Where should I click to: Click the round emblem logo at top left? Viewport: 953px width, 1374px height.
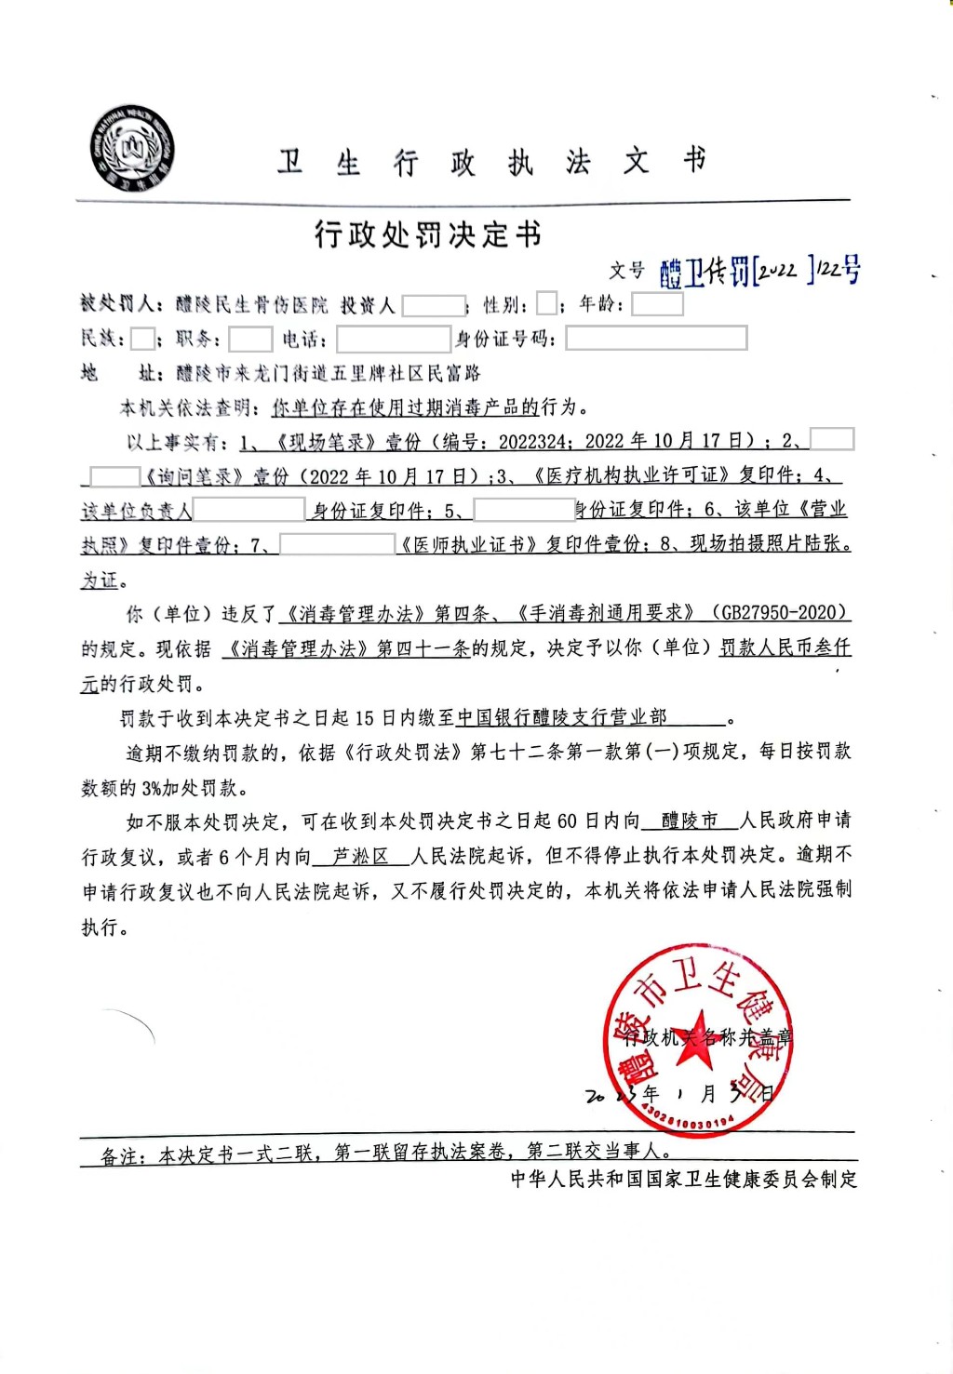click(133, 150)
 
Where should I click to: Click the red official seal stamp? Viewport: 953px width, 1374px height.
click(698, 1040)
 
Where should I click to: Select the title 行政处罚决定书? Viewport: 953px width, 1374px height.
click(427, 234)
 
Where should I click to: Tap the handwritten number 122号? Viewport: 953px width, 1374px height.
click(839, 270)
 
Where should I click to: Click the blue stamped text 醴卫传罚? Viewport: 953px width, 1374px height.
click(705, 272)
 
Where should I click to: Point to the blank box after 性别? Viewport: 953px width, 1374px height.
click(547, 304)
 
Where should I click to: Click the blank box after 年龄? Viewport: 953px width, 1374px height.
click(657, 304)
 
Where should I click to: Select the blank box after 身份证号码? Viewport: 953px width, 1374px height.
click(656, 339)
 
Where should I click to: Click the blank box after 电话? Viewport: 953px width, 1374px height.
click(393, 339)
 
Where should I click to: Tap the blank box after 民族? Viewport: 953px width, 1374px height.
click(142, 339)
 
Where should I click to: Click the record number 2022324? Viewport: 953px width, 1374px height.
click(530, 441)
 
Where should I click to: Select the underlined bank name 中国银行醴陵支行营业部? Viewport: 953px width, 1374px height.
click(562, 717)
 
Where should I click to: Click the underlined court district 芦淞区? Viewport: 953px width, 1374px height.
click(360, 856)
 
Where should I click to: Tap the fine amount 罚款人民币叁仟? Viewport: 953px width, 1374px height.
click(785, 647)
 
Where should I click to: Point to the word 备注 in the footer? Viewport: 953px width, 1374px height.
click(124, 1156)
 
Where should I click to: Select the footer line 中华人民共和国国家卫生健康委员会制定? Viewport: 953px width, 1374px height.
click(684, 1179)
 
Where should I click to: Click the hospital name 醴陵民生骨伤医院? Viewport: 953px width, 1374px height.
click(252, 304)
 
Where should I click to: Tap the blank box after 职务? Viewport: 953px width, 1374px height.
click(250, 339)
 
